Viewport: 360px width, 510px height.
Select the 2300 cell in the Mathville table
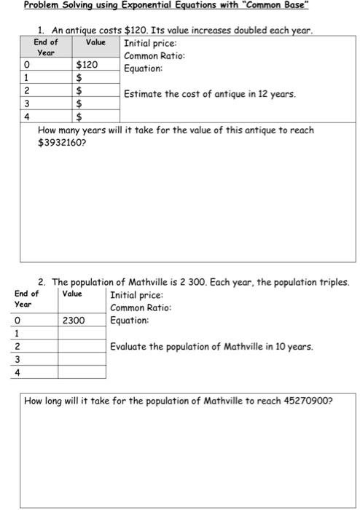pyautogui.click(x=74, y=320)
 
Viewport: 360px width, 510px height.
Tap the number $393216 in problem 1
pyautogui.click(x=59, y=144)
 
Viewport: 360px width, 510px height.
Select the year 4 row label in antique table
pyautogui.click(x=26, y=115)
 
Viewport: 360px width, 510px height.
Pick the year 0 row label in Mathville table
pyautogui.click(x=16, y=320)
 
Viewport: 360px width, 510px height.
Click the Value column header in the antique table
pyautogui.click(x=95, y=42)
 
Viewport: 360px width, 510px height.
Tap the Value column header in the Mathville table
pyautogui.click(x=72, y=294)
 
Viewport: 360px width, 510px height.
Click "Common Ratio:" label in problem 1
pyautogui.click(x=154, y=56)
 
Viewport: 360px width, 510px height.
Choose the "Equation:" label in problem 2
pyautogui.click(x=129, y=320)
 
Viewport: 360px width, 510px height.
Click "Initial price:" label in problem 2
pyautogui.click(x=136, y=295)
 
